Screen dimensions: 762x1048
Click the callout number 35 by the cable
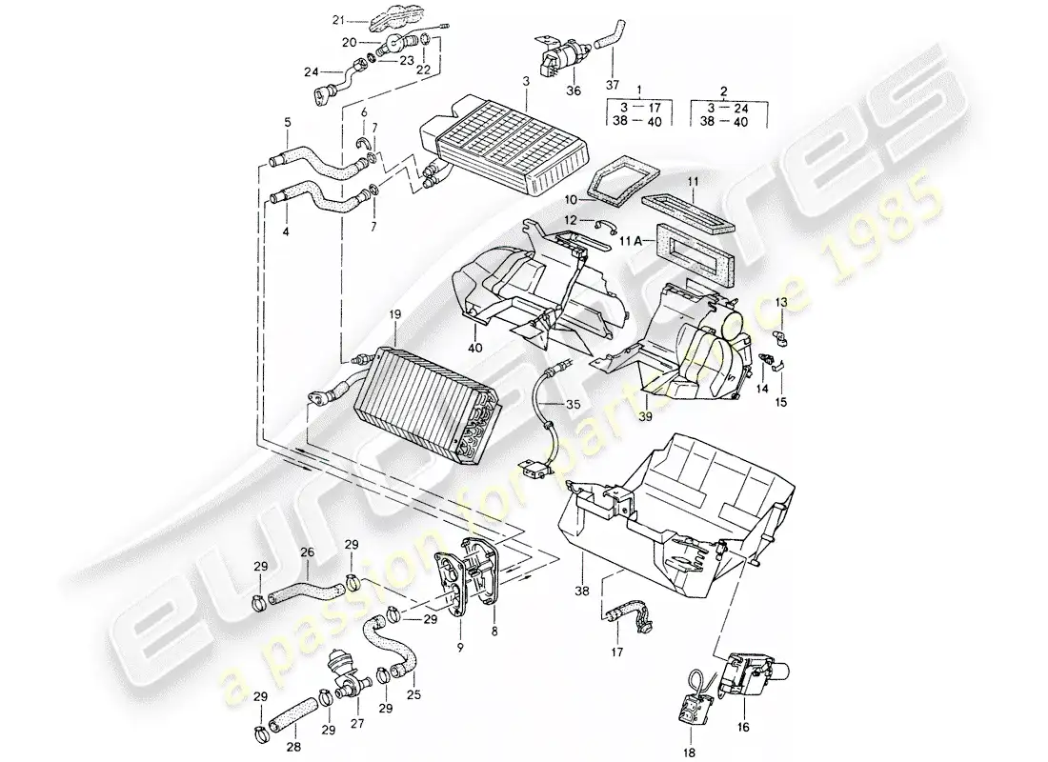(571, 404)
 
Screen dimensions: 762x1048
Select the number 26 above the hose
(307, 551)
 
